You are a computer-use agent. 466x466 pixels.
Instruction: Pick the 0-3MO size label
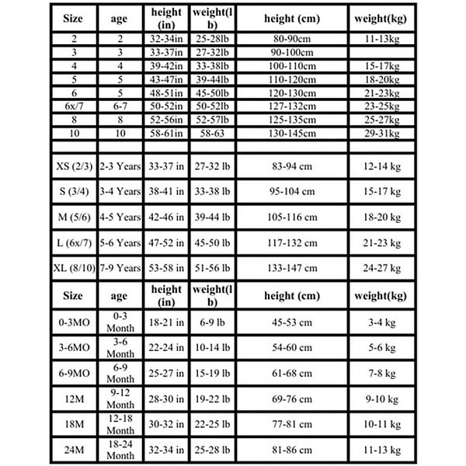[72, 322]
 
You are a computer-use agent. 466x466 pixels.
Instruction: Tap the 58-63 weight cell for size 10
[211, 134]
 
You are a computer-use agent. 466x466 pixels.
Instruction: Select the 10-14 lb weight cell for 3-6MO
[211, 346]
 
